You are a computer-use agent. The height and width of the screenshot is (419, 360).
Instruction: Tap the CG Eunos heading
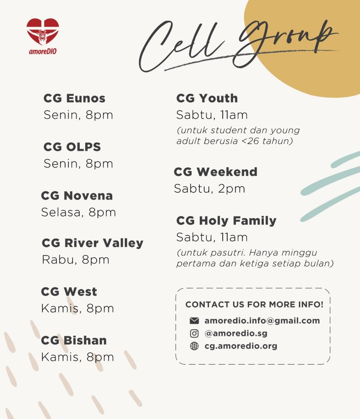tap(75, 98)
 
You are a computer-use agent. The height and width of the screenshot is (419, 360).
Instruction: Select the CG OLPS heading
tap(72, 147)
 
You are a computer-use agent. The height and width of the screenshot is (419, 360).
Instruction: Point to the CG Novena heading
tap(77, 196)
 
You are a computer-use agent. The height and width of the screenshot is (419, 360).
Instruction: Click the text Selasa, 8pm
tap(79, 212)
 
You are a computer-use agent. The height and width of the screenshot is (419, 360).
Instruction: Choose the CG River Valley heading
tap(93, 243)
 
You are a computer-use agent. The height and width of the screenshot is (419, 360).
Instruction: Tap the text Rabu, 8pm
tap(76, 260)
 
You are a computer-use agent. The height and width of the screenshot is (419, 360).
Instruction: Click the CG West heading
tap(69, 291)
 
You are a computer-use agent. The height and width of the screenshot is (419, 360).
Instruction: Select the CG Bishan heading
tap(74, 340)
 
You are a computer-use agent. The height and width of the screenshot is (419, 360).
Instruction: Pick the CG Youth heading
tap(207, 98)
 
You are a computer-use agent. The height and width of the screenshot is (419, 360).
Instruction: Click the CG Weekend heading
tap(215, 172)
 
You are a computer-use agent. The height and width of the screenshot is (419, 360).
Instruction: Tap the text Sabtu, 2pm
tap(210, 189)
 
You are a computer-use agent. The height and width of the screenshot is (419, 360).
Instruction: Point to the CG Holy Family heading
tap(226, 221)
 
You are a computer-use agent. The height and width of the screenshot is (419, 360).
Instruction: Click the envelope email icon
tap(194, 320)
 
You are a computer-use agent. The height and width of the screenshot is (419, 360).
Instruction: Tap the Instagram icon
tap(194, 333)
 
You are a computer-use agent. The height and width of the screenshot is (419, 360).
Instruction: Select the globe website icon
tap(194, 346)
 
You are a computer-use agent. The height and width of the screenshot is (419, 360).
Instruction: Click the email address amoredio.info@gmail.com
tap(262, 321)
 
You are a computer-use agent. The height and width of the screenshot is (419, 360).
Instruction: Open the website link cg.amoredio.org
tap(241, 346)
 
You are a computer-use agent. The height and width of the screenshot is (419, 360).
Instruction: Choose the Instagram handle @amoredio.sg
tap(236, 333)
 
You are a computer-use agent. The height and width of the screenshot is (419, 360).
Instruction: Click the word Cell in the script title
tap(180, 46)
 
